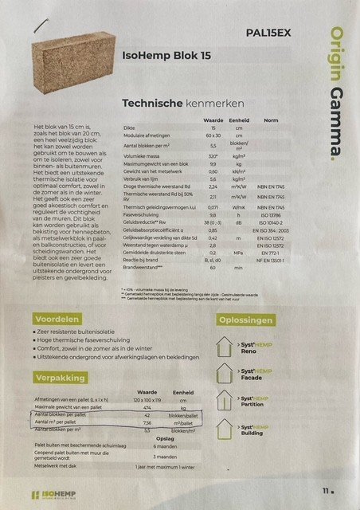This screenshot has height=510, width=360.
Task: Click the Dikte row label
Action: click(x=120, y=127)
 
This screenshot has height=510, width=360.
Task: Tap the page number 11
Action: click(x=327, y=492)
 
